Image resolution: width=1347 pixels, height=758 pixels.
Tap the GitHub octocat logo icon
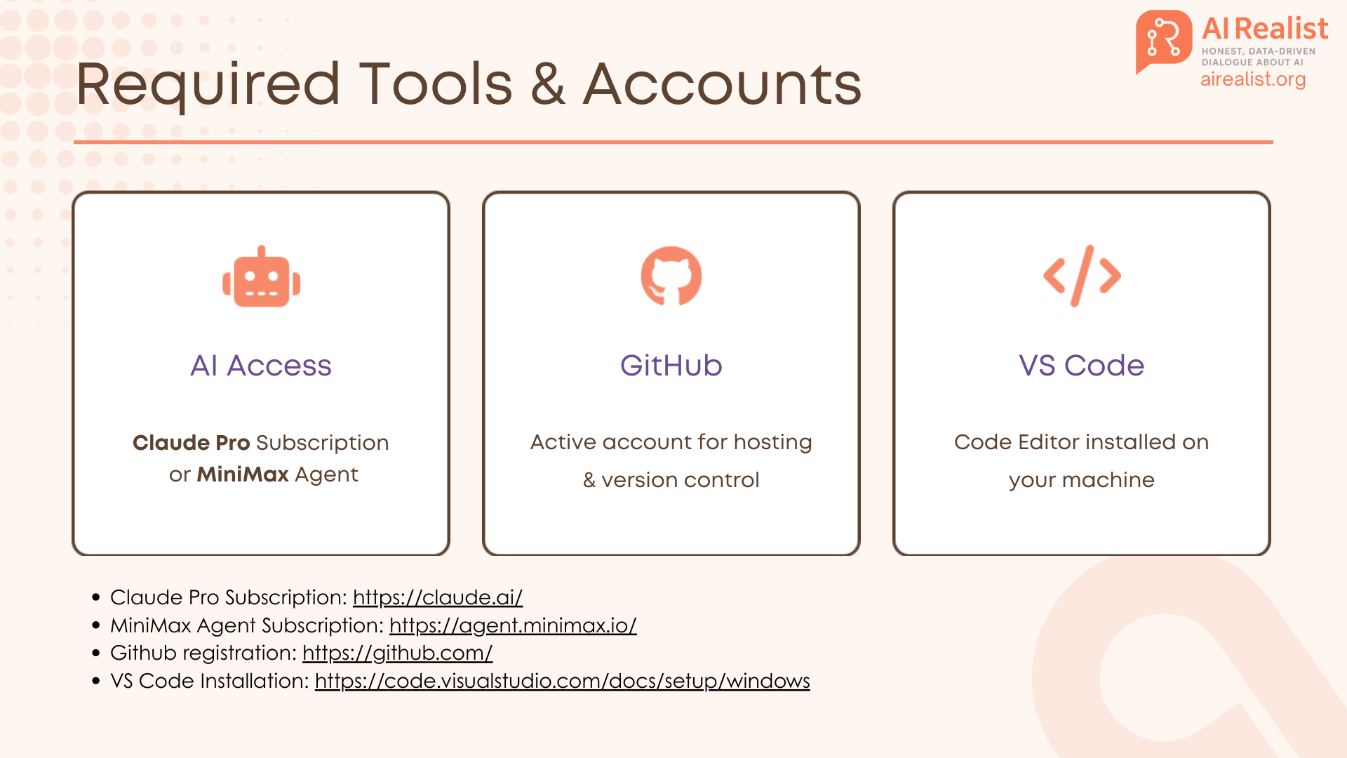click(671, 276)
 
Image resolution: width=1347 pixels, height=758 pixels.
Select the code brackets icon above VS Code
click(1082, 276)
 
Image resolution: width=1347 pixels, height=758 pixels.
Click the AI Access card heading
click(261, 366)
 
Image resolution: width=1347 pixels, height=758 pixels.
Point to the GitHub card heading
click(671, 366)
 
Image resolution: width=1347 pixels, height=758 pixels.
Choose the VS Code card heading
click(1082, 366)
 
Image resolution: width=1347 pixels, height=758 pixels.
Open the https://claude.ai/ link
click(438, 597)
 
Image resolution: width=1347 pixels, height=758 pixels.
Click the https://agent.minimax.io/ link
click(513, 625)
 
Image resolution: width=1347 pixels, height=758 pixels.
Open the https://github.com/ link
click(398, 653)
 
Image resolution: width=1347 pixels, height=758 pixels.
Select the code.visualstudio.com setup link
click(563, 681)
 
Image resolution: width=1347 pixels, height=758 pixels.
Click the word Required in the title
click(208, 85)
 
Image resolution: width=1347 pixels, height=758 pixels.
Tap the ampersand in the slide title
click(548, 84)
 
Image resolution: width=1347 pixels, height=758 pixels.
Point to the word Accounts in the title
click(723, 84)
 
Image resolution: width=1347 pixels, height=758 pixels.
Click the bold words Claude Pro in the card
click(192, 443)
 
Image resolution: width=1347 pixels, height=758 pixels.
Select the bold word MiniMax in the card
click(243, 474)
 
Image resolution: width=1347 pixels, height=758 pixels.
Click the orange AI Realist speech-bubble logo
click(1164, 41)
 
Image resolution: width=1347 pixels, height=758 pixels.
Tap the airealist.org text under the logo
click(1253, 79)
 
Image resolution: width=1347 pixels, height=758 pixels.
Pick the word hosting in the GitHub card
click(772, 443)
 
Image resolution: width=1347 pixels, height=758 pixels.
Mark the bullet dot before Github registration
click(96, 653)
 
